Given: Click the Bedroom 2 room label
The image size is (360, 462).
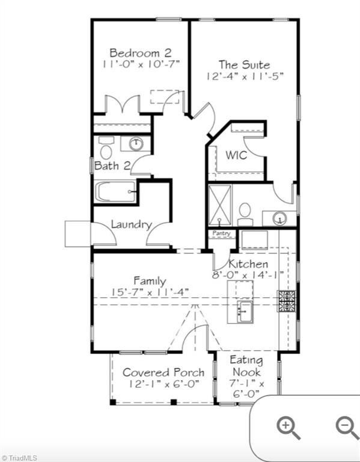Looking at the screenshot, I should click(136, 52).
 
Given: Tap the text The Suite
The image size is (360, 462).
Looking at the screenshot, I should click(243, 64).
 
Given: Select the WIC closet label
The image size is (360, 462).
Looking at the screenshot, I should click(236, 155).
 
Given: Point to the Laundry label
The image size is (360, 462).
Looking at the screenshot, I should click(131, 224).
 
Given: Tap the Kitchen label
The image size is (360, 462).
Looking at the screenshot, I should click(248, 264).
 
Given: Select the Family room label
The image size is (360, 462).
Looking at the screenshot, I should click(150, 280).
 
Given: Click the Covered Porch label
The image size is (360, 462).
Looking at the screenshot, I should click(163, 372).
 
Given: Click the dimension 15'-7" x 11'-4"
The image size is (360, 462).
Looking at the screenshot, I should click(150, 292).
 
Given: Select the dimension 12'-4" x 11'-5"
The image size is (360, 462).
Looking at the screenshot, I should click(243, 76).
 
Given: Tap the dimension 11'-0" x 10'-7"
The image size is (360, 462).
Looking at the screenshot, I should click(136, 64).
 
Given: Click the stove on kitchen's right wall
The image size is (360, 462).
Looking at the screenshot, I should click(286, 301).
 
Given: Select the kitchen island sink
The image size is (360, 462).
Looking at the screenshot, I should click(245, 310).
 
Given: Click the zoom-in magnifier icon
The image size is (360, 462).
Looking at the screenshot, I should click(288, 428).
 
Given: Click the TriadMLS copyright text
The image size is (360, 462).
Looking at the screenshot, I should click(19, 457).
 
